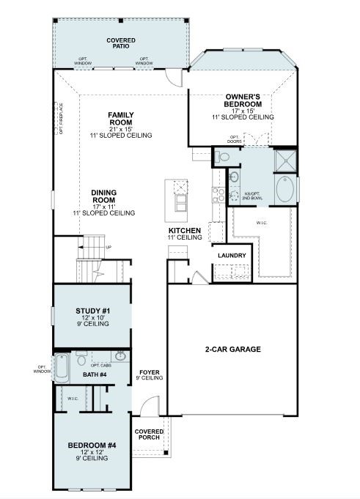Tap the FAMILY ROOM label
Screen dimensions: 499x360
(120, 116)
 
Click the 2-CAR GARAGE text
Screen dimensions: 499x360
(232, 350)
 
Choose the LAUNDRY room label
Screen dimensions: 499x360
(232, 255)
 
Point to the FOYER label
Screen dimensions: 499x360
(150, 373)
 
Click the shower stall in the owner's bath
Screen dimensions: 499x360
(285, 159)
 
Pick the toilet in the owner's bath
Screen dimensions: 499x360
(223, 156)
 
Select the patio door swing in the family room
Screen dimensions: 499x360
(172, 78)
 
